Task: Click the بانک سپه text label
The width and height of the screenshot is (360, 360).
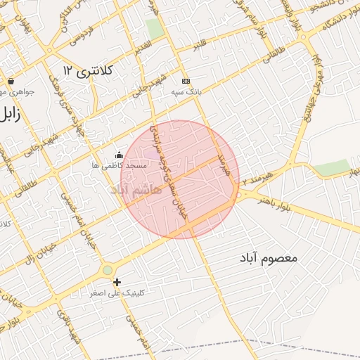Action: (186, 91)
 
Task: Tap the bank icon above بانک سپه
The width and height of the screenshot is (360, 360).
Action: (186, 81)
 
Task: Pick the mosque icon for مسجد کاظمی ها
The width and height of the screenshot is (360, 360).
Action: (119, 155)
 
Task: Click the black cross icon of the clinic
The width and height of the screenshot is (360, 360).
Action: (117, 282)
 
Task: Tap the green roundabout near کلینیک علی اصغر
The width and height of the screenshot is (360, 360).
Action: (107, 269)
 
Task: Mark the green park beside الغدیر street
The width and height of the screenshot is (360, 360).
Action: (154, 28)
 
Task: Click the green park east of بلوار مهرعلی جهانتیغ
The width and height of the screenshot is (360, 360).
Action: (331, 167)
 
